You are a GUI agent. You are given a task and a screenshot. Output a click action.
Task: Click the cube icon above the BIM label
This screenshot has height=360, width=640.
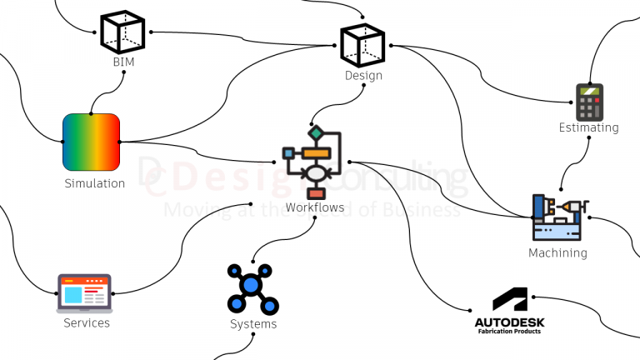(122, 32)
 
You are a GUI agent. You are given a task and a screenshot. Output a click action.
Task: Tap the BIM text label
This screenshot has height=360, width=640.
(123, 62)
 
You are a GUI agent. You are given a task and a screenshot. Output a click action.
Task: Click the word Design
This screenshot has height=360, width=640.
(363, 76)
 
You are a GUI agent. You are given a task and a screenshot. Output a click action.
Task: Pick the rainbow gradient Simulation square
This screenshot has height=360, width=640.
(92, 142)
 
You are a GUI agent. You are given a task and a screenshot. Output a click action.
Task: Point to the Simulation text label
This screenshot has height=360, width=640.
(94, 183)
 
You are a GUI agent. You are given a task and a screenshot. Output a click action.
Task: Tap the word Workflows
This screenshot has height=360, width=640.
(313, 207)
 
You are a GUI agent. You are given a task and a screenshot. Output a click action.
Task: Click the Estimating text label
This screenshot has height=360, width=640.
(588, 127)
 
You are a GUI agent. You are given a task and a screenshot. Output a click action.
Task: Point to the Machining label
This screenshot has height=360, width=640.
(557, 252)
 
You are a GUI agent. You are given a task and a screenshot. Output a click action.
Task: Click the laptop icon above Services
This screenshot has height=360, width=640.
(84, 292)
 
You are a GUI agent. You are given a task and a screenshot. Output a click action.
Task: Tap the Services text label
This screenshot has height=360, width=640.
(87, 322)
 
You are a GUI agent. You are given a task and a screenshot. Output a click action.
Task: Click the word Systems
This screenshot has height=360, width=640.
(253, 324)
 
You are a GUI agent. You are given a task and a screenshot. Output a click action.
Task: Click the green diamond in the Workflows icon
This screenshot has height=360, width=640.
(316, 133)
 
